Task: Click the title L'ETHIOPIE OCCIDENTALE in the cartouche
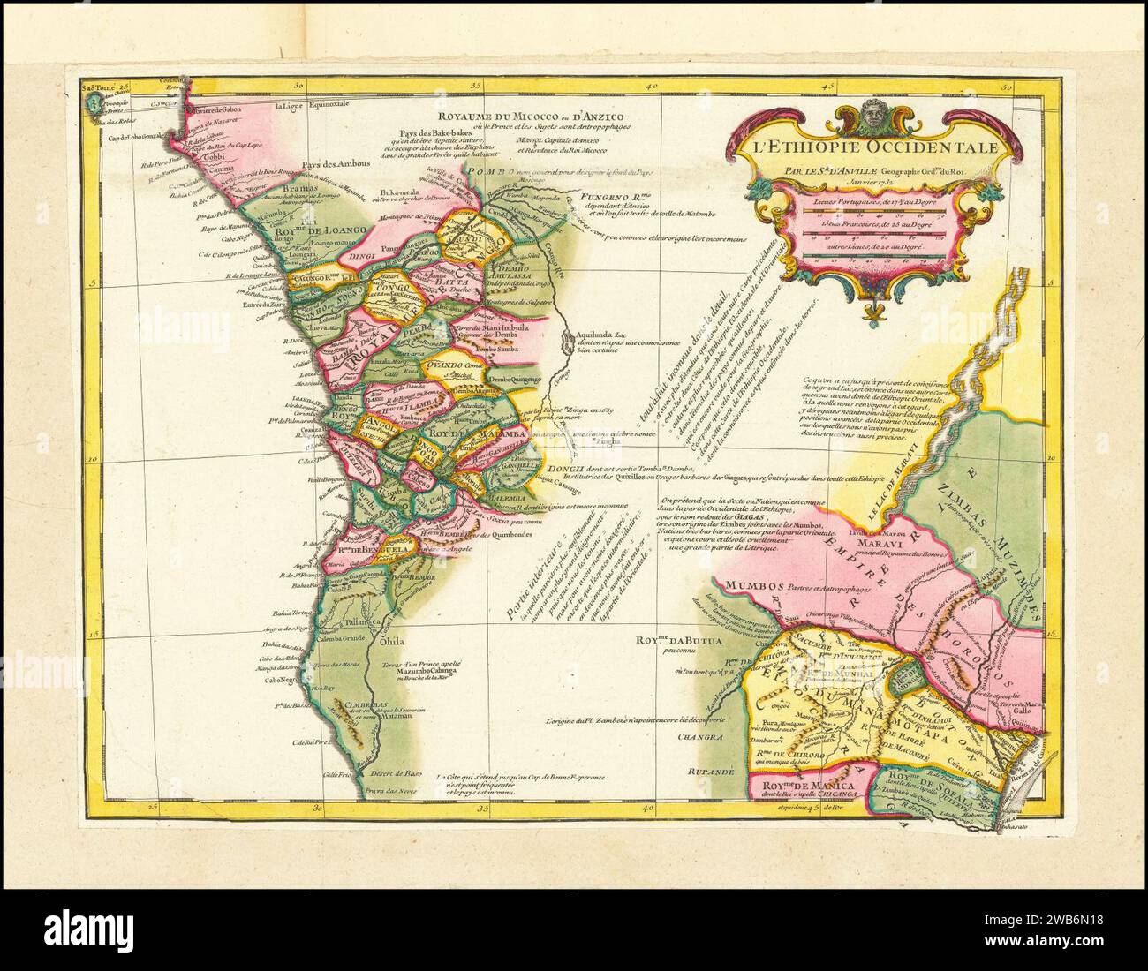coord(874,147)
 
